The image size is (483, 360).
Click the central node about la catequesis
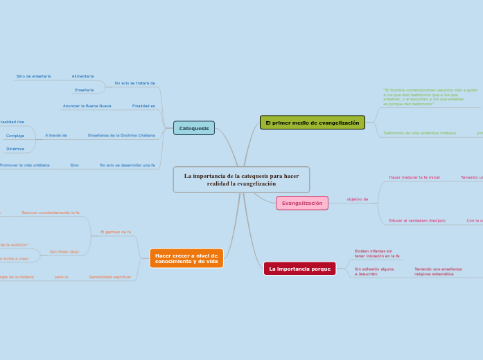(x=241, y=179)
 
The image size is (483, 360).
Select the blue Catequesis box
(x=193, y=128)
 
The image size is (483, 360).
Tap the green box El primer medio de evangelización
(x=312, y=123)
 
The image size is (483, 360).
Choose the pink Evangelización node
(x=302, y=203)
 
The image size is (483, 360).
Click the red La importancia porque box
(x=299, y=269)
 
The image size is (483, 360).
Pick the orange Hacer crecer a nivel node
(x=186, y=258)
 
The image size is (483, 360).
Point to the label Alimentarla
(x=82, y=76)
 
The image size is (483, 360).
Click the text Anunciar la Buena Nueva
(x=87, y=106)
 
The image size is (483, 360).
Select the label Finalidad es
(x=143, y=106)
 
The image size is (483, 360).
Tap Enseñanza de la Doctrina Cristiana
(x=121, y=135)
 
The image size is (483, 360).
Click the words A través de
(x=56, y=135)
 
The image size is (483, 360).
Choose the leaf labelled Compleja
(x=15, y=136)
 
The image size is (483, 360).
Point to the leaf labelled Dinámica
(x=15, y=149)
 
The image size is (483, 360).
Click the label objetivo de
(x=358, y=199)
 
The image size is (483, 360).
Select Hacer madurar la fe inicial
(x=414, y=177)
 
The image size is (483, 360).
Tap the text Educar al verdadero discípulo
(x=417, y=220)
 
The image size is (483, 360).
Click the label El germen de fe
(x=116, y=232)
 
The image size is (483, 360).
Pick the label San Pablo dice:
(x=64, y=251)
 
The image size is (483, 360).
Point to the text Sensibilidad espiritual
(x=109, y=277)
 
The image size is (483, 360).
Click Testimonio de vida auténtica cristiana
(x=419, y=133)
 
